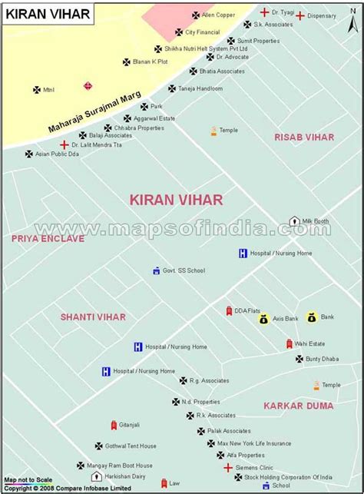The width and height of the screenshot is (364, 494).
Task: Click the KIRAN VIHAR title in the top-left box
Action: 48,13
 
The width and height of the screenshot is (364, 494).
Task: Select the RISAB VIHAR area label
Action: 304,137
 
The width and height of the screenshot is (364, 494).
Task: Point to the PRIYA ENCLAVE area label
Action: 48,239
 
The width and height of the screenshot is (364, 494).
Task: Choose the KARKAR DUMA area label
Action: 298,405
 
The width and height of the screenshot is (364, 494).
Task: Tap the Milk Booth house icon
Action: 293,221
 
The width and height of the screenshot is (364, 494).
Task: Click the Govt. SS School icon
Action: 156,270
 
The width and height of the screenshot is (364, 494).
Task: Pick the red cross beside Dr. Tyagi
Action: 264,12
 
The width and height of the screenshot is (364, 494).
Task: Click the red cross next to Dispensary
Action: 300,15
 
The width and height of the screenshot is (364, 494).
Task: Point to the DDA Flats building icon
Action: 228,310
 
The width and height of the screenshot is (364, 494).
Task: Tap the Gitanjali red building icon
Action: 114,425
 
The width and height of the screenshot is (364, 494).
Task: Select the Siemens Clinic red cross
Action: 228,466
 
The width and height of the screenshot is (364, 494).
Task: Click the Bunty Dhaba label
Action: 322,359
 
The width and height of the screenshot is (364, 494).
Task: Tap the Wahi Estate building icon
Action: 289,343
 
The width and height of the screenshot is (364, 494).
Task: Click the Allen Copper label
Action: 218,15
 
